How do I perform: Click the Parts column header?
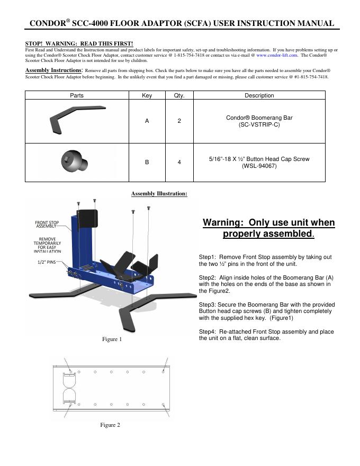tap(77, 95)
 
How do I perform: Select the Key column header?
tap(147, 95)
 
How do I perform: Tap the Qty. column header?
tap(179, 95)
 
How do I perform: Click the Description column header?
tap(259, 95)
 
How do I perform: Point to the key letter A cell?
tap(147, 121)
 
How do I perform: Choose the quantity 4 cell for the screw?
tap(179, 162)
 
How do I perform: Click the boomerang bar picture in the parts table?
tap(76, 121)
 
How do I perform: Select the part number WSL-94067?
tap(259, 166)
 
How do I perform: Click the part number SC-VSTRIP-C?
tap(259, 125)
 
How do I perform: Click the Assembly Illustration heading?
tap(159, 194)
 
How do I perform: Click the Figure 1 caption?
tap(112, 339)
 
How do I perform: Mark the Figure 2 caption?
tap(110, 425)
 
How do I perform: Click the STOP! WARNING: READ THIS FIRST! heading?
tap(79, 43)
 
